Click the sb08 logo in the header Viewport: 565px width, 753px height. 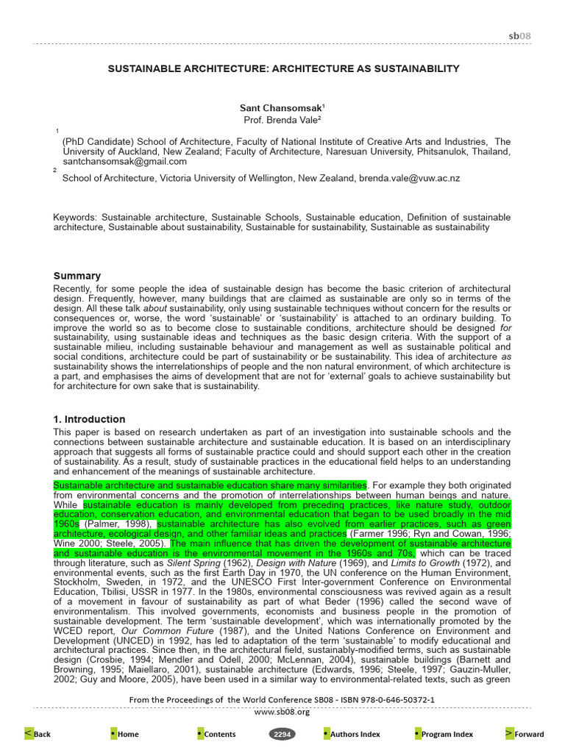[519, 36]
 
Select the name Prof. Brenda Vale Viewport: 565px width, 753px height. [282, 119]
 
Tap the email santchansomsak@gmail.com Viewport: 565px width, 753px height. [124, 161]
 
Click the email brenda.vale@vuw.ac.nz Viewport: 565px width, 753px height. [419, 178]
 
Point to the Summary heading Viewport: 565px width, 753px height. [77, 276]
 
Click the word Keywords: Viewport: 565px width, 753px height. [75, 218]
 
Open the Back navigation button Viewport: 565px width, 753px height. [38, 734]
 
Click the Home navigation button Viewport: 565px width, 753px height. [124, 734]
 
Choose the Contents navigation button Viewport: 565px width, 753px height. [216, 734]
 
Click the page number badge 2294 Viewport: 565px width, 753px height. [282, 734]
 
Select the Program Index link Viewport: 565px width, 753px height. [444, 734]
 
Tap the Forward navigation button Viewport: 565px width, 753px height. [525, 734]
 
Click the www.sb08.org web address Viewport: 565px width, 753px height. [282, 711]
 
